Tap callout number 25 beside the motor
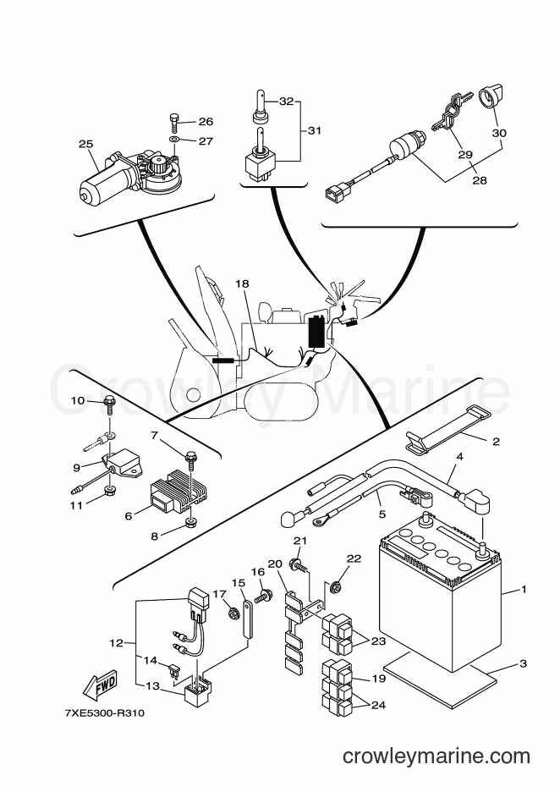[x=85, y=144]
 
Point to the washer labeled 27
[x=174, y=140]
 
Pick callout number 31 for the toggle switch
[x=314, y=130]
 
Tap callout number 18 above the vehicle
[x=243, y=283]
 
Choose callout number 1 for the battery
[x=524, y=589]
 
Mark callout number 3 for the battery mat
[x=523, y=663]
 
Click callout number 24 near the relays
[x=379, y=706]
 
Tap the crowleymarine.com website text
[x=436, y=756]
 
